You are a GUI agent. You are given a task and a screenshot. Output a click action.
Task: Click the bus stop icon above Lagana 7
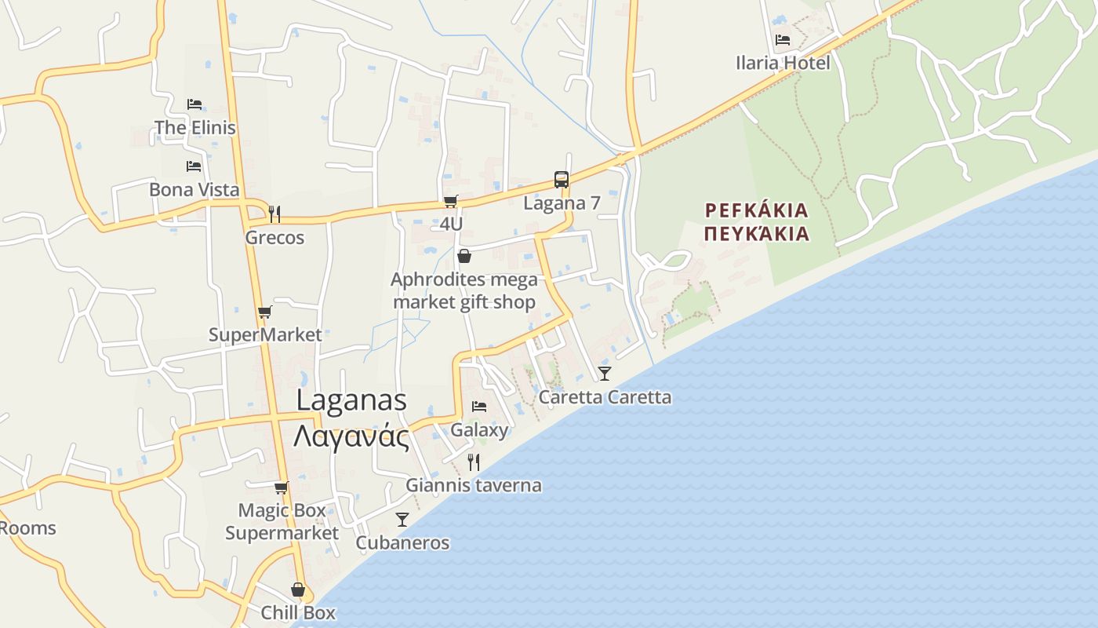tap(562, 180)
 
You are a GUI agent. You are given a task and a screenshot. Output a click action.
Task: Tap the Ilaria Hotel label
tap(783, 63)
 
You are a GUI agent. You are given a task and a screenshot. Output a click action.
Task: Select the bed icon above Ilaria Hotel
tap(783, 40)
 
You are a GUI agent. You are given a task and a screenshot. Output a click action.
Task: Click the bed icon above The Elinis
tap(195, 104)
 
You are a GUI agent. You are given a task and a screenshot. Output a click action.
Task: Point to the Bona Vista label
tap(195, 189)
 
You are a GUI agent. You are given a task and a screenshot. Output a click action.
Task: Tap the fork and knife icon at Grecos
tap(274, 214)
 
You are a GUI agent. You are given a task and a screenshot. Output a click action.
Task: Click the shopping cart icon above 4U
tap(451, 202)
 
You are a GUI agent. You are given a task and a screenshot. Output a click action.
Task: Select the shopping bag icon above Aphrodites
tap(464, 256)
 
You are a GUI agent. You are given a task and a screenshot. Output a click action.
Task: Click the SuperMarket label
tap(265, 334)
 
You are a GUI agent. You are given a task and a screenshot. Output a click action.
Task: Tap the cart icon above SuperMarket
tap(265, 312)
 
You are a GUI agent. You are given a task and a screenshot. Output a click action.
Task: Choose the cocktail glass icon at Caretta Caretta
tap(605, 373)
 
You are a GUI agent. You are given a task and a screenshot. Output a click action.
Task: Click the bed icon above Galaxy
tap(479, 407)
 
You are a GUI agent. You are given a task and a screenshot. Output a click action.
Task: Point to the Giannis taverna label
tap(474, 485)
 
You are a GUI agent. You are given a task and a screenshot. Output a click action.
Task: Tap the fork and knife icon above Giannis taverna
tap(474, 462)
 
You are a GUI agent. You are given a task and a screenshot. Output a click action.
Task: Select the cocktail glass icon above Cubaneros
tap(402, 519)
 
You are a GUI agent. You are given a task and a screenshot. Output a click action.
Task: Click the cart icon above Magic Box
tap(282, 487)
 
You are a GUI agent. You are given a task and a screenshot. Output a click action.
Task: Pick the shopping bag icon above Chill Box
tap(298, 590)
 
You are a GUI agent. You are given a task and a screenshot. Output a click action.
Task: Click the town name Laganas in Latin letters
tap(351, 400)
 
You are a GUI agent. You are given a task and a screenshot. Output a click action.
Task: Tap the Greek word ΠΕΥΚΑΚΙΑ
tap(757, 234)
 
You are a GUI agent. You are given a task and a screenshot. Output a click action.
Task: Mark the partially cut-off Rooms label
tap(27, 528)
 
